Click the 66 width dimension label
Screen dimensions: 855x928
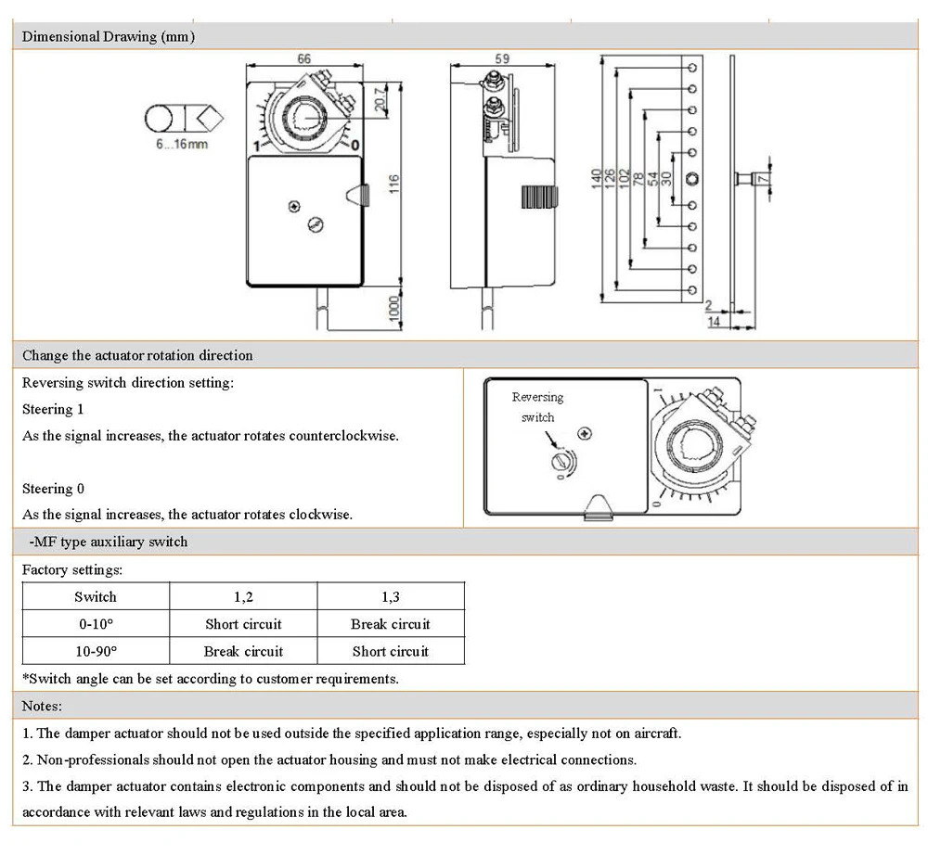pyautogui.click(x=303, y=58)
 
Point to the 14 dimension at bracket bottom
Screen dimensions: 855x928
pyautogui.click(x=715, y=321)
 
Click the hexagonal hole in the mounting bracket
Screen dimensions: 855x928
pyautogui.click(x=692, y=179)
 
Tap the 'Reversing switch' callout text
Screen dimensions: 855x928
pyautogui.click(x=537, y=407)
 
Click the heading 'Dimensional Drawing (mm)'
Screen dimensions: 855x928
pyautogui.click(x=109, y=37)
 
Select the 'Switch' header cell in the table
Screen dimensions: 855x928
pyautogui.click(x=96, y=597)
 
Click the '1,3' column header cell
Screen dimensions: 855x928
pyautogui.click(x=391, y=597)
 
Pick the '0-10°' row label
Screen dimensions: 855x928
pyautogui.click(x=96, y=624)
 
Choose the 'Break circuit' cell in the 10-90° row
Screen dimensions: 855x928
pyautogui.click(x=243, y=651)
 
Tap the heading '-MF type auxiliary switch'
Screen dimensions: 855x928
pyautogui.click(x=108, y=542)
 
